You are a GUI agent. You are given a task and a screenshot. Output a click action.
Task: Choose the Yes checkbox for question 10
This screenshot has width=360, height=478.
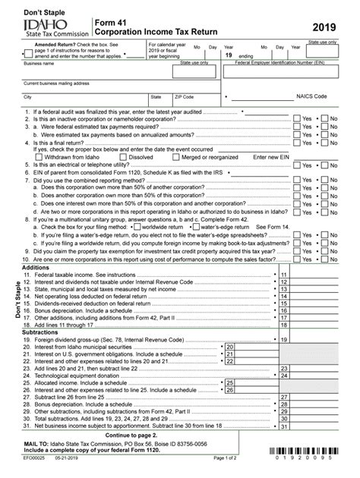coord(298,259)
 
